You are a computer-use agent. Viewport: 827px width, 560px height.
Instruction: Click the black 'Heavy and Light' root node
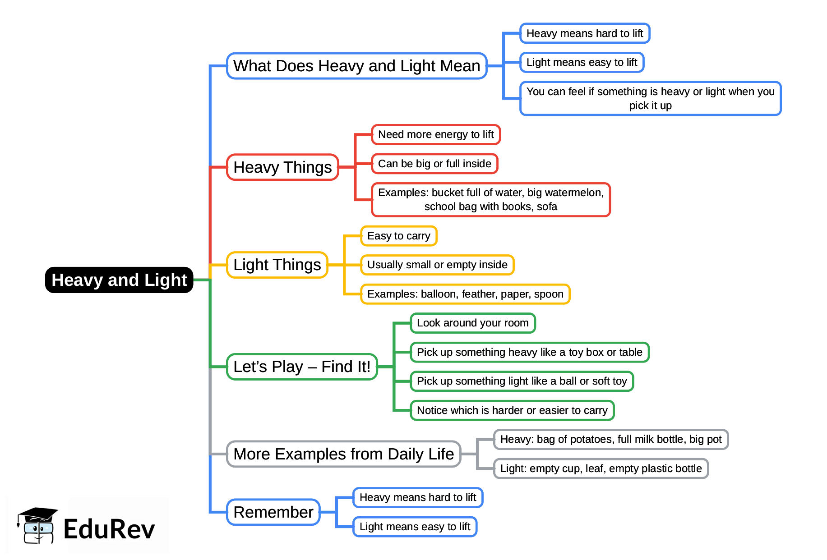coord(119,280)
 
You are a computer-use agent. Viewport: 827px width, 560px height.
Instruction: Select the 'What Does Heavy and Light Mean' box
coord(356,66)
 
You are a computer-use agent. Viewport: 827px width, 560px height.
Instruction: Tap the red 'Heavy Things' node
coord(282,167)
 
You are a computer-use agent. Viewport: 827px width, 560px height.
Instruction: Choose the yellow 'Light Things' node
coord(277,265)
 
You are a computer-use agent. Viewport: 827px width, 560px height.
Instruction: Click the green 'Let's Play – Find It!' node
coord(302,367)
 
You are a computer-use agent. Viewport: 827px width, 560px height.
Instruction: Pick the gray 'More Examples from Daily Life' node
coord(343,454)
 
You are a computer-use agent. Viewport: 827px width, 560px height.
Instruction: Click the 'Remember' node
coord(273,512)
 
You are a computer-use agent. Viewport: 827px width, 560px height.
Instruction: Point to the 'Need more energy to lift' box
coord(436,134)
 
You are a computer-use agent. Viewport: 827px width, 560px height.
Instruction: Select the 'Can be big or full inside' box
coord(434,164)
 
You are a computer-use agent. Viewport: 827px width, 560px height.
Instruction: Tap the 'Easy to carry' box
coord(399,236)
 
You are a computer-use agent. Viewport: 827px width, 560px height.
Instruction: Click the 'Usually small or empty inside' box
coord(437,265)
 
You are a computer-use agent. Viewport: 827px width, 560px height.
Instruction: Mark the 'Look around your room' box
coord(472,323)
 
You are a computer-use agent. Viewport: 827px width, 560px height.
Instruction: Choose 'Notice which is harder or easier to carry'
coord(512,410)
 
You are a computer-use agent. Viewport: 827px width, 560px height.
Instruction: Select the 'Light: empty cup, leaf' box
coord(601,468)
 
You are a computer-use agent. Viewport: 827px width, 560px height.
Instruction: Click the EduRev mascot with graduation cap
coord(38,526)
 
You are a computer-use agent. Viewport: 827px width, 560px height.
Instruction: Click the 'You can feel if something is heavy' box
coord(650,98)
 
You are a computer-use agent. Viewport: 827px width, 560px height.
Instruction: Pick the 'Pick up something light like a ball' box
coord(522,381)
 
